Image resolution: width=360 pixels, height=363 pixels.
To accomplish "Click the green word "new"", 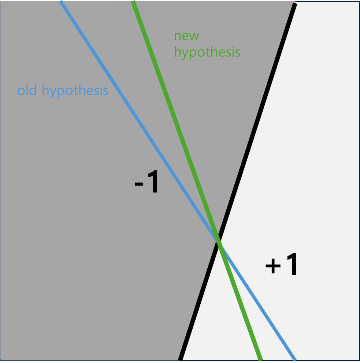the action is (186, 36).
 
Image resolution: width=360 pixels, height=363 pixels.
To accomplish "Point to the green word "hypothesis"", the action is (207, 52).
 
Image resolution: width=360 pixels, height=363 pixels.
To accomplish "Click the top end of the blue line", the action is (61, 2).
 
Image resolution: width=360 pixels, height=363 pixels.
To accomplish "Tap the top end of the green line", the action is (133, 2).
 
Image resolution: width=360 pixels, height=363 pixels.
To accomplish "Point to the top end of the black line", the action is (294, 4).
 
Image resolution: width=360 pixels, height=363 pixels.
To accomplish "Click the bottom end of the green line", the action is (260, 359).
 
